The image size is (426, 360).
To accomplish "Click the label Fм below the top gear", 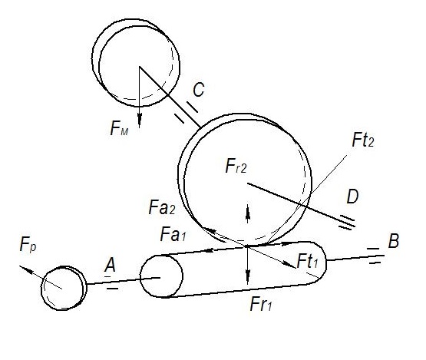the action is click(x=119, y=128).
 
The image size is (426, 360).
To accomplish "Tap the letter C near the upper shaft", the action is click(x=199, y=89).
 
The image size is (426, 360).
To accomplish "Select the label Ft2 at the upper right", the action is click(x=363, y=140).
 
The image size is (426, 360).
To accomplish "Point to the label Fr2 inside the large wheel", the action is click(x=236, y=166).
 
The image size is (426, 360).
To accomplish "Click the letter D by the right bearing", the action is click(x=352, y=197).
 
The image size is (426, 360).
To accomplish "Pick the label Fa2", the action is click(x=162, y=207).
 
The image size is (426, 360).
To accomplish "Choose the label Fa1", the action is click(x=173, y=234).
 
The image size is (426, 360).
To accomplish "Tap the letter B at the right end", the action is click(x=393, y=241).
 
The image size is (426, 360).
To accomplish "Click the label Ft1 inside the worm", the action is click(x=307, y=261).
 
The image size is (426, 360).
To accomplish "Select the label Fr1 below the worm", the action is click(x=261, y=304).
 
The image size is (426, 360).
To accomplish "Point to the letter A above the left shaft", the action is click(x=110, y=265).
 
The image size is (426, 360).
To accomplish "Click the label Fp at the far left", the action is click(x=28, y=245).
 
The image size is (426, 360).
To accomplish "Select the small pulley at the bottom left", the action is click(x=64, y=288).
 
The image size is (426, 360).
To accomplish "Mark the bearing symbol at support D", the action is click(x=347, y=223).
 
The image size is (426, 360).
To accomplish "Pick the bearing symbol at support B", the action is click(x=374, y=256).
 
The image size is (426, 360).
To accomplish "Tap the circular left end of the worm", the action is click(x=161, y=276).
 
